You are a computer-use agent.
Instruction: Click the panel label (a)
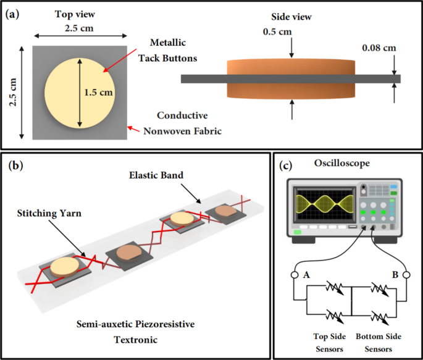[x=13, y=13]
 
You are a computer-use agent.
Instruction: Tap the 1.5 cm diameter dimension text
[x=99, y=93]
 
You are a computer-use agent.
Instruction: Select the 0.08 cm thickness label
[x=380, y=47]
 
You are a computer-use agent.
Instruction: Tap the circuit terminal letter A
[x=306, y=275]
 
